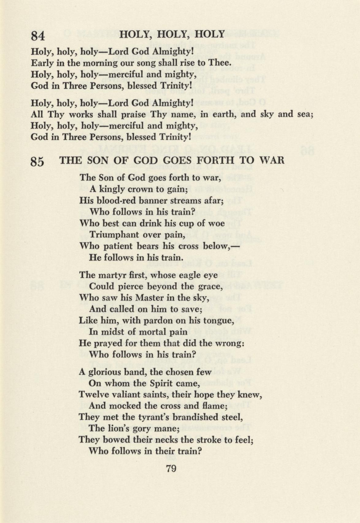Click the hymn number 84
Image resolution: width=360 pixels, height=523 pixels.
tap(38, 36)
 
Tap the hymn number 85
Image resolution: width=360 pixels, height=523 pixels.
tap(37, 162)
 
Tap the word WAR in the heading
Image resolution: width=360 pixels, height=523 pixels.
tap(272, 160)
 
